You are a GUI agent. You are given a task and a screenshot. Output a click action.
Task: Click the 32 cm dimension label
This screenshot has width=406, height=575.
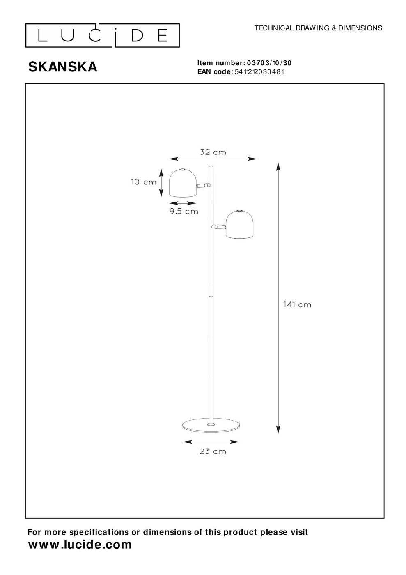pyautogui.click(x=213, y=152)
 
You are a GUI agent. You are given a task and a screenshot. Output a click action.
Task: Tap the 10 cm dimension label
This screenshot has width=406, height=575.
pyautogui.click(x=144, y=182)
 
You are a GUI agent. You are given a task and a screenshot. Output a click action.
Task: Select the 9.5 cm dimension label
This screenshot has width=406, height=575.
pyautogui.click(x=184, y=211)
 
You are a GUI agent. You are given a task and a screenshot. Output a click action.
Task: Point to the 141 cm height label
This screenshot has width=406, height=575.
pyautogui.click(x=297, y=304)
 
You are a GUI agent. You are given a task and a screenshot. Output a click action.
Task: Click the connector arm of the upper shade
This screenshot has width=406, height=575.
pyautogui.click(x=204, y=185)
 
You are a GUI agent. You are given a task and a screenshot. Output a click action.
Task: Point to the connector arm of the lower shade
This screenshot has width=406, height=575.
pyautogui.click(x=219, y=226)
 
